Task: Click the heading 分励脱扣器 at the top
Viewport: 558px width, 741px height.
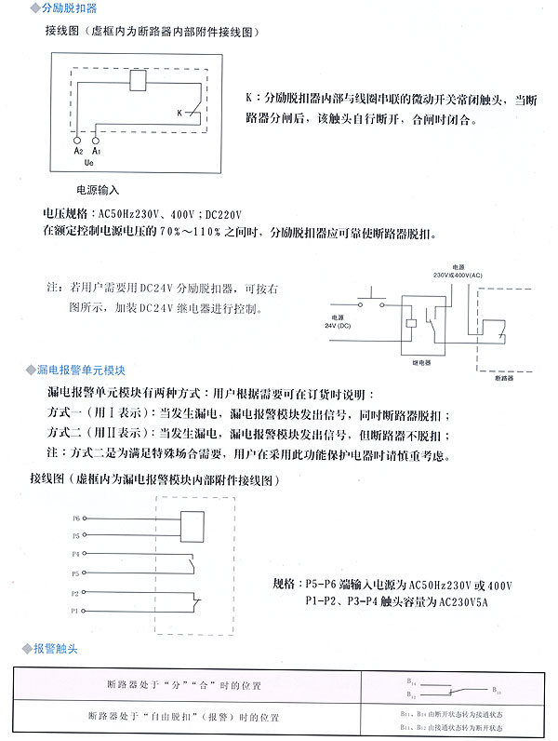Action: [x=70, y=8]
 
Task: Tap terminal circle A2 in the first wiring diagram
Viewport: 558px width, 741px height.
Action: [x=78, y=138]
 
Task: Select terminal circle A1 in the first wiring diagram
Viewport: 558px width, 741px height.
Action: [x=96, y=138]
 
